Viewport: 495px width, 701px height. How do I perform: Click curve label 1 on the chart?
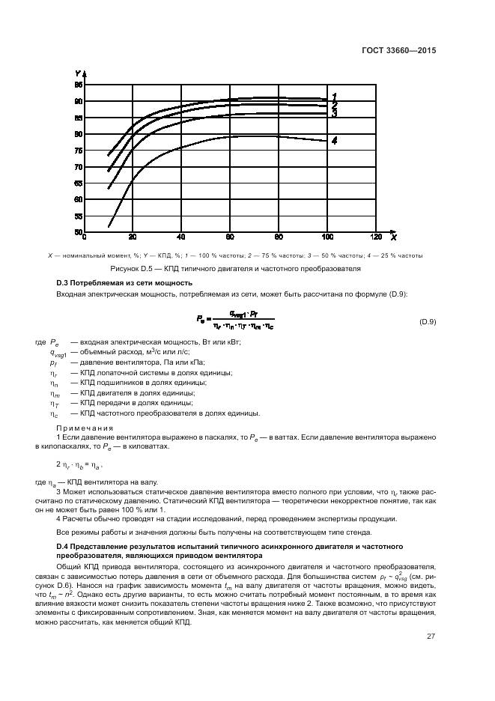pyautogui.click(x=334, y=96)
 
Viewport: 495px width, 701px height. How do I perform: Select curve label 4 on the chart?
pyautogui.click(x=334, y=140)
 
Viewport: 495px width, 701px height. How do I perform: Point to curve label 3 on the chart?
pyautogui.click(x=334, y=114)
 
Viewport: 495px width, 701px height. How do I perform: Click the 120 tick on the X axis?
pyautogui.click(x=375, y=237)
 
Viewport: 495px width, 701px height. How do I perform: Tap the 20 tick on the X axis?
pyautogui.click(x=133, y=237)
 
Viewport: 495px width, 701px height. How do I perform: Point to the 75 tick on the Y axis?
pyautogui.click(x=79, y=151)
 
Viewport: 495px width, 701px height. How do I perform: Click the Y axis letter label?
pyautogui.click(x=78, y=73)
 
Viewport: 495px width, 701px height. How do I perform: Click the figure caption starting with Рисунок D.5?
pyautogui.click(x=236, y=267)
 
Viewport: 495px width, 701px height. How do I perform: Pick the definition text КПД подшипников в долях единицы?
pyautogui.click(x=139, y=383)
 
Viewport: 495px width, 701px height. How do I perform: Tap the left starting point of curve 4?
pyautogui.click(x=109, y=225)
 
